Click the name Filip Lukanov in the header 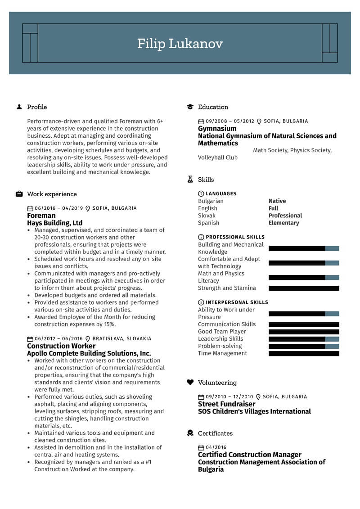click(x=180, y=44)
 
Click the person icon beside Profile click(x=19, y=107)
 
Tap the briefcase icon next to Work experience click(x=19, y=194)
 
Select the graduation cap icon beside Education click(x=190, y=107)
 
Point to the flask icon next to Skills click(x=190, y=180)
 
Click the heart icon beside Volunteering click(x=190, y=383)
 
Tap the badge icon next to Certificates click(x=190, y=433)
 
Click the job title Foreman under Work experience click(x=41, y=216)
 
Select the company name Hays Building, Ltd click(x=55, y=223)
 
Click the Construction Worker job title click(x=61, y=346)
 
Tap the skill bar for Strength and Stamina click(x=304, y=288)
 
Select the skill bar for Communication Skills click(x=304, y=324)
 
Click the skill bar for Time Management click(x=304, y=354)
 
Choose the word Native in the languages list click(x=277, y=201)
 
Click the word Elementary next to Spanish click(x=283, y=223)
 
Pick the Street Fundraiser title click(x=226, y=404)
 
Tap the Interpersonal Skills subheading click(x=237, y=302)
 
